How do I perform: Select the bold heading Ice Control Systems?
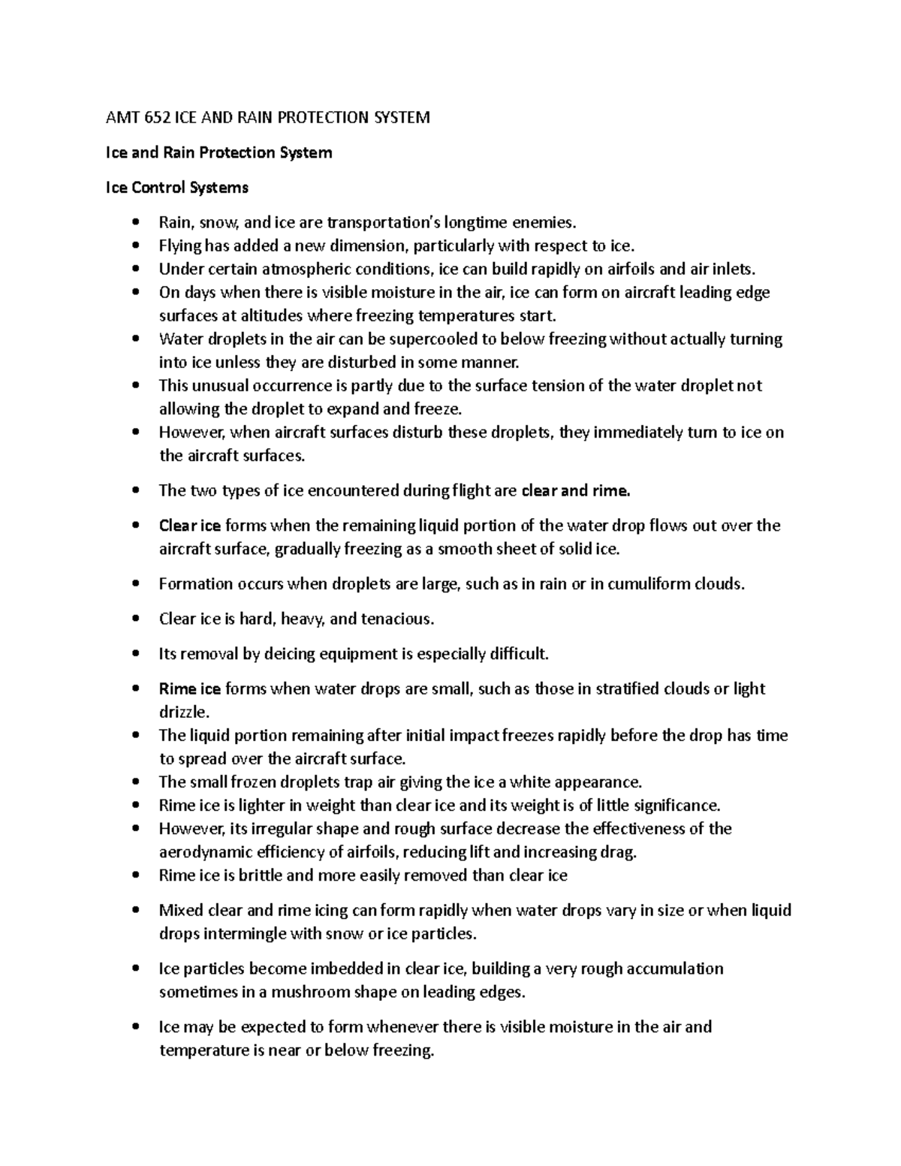[176, 187]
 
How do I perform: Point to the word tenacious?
[397, 619]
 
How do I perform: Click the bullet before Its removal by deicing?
[135, 655]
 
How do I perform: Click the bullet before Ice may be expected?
[135, 1027]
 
